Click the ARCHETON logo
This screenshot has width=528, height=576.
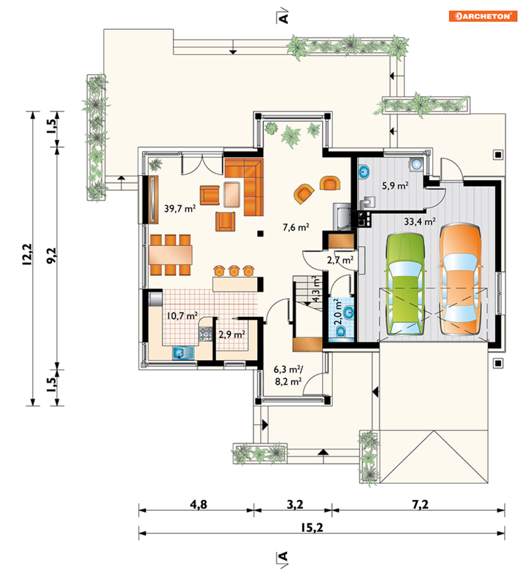pyautogui.click(x=483, y=16)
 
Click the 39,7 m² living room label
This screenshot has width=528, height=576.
pyautogui.click(x=180, y=208)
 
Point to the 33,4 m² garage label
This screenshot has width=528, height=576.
pyautogui.click(x=420, y=222)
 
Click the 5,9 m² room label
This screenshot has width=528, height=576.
pyautogui.click(x=395, y=186)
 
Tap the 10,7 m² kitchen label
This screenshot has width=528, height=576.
pyautogui.click(x=182, y=316)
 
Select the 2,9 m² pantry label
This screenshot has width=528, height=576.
pyautogui.click(x=232, y=335)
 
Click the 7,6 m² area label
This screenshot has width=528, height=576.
pyautogui.click(x=296, y=228)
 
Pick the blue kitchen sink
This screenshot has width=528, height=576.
pyautogui.click(x=184, y=353)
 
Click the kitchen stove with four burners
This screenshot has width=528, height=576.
pyautogui.click(x=205, y=334)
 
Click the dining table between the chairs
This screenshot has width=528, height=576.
pyautogui.click(x=170, y=255)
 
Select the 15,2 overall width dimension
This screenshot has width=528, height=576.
pyautogui.click(x=312, y=528)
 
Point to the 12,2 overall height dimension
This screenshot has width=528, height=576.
pyautogui.click(x=27, y=254)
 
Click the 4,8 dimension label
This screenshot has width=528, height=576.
pyautogui.click(x=198, y=505)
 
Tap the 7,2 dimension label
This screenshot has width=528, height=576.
pyautogui.click(x=420, y=505)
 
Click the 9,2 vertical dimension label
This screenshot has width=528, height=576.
pyautogui.click(x=51, y=256)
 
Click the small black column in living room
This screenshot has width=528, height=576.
pyautogui.click(x=260, y=233)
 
